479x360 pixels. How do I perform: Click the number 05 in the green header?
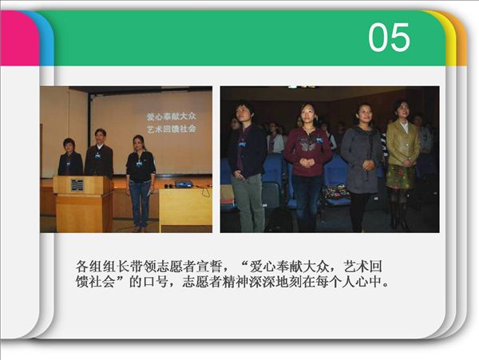(389, 38)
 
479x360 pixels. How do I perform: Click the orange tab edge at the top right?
(461, 38)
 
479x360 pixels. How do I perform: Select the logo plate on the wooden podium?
(77, 185)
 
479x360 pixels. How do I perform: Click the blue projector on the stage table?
(184, 184)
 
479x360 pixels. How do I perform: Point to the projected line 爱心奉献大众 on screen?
(172, 117)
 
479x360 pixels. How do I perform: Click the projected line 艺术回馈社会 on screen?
(172, 129)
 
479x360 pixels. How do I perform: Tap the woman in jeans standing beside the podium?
(141, 182)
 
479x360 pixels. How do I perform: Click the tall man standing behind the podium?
(99, 152)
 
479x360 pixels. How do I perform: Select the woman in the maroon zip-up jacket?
(307, 166)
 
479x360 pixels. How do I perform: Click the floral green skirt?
(401, 176)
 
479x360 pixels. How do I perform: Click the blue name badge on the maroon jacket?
(319, 140)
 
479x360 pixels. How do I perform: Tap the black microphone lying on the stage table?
(167, 186)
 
